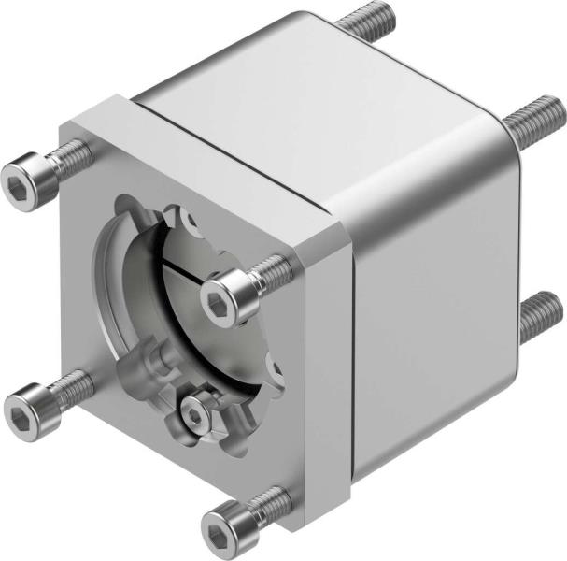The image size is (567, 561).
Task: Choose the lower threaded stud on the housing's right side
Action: click(540, 313)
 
